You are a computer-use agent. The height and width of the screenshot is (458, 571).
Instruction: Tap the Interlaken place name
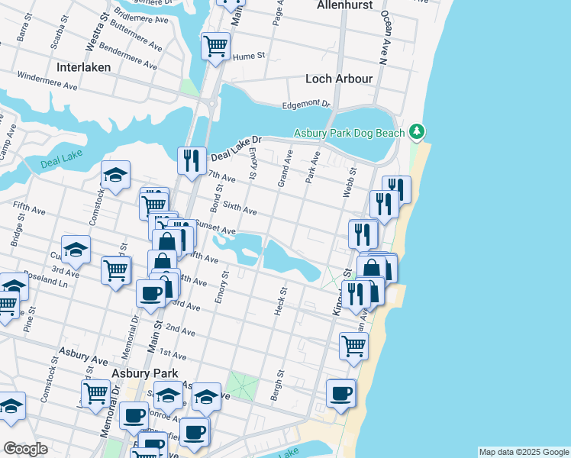coord(83,67)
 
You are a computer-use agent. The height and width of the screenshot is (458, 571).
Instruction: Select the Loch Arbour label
coord(339,79)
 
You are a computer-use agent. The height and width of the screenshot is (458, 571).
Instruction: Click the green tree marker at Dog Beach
coord(416,132)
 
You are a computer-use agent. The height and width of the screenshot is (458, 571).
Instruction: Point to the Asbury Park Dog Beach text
coord(350,134)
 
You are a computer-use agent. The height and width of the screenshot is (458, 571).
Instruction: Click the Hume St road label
coord(249,56)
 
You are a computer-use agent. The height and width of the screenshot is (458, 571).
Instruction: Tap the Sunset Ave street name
coord(215,227)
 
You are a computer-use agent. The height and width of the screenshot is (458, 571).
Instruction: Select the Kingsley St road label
coord(336,291)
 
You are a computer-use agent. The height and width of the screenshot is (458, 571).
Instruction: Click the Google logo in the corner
coord(25,449)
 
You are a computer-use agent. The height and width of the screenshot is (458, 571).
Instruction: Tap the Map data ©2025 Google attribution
coord(523,452)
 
